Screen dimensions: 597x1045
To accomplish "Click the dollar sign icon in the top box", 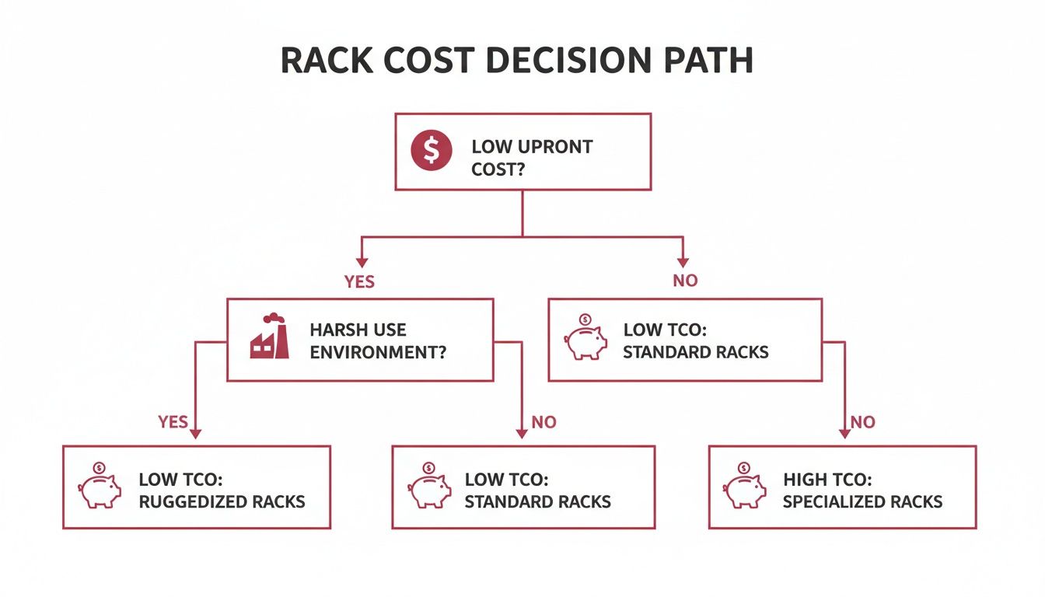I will click(432, 151).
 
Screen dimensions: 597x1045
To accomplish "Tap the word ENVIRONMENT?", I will click(378, 351).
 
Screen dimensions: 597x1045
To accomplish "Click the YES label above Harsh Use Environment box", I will click(359, 281).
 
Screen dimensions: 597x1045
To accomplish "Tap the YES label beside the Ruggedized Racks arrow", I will click(173, 421).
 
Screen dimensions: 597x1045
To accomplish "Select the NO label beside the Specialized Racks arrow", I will click(862, 422).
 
